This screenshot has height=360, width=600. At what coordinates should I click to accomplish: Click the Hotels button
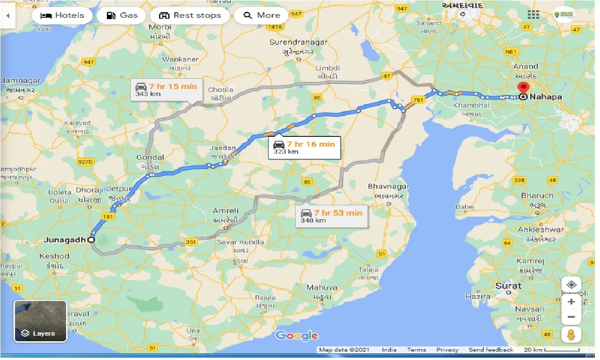pos(62,15)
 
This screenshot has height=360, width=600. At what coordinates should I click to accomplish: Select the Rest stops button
pos(189,15)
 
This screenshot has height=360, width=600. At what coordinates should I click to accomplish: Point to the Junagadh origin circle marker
pos(91,240)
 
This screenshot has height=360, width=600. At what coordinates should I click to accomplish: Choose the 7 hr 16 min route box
pos(304,147)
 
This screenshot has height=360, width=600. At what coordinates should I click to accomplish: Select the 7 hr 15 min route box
pos(166,90)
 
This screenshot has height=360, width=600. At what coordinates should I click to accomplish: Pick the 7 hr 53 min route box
pos(332,216)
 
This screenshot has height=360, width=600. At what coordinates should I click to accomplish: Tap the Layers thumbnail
pos(40,322)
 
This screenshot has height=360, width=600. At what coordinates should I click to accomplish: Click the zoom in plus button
pos(571,302)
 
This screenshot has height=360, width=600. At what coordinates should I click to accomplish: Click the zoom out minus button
pos(571,317)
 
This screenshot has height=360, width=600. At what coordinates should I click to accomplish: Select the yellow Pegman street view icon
pos(571,335)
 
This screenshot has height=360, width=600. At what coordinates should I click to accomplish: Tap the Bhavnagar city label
pos(388,187)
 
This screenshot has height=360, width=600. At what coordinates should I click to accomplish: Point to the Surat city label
pos(508,285)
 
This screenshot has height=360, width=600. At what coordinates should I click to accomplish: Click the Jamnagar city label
pos(21,81)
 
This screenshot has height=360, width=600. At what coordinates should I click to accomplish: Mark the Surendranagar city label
pos(298,43)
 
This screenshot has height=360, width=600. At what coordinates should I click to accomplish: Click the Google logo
pos(297,336)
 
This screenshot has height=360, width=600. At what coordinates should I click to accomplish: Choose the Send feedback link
pos(491,350)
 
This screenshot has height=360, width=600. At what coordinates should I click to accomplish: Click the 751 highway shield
pos(418,99)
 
